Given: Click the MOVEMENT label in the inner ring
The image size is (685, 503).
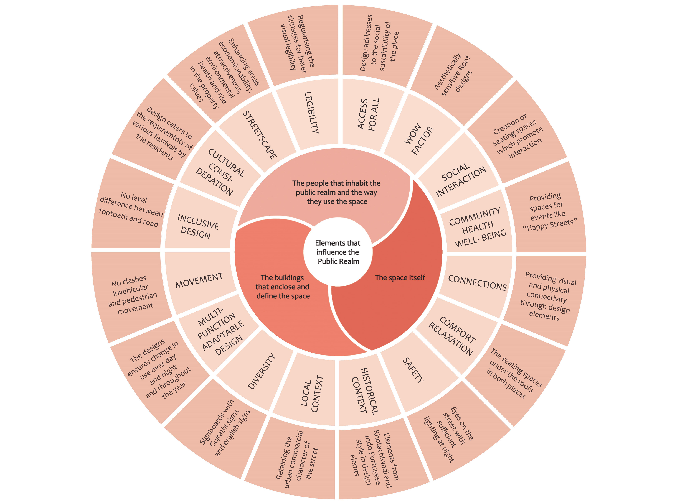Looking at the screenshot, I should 199,280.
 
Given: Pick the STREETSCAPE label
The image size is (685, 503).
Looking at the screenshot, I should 260,135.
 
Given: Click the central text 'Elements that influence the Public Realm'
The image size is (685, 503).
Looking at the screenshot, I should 338,252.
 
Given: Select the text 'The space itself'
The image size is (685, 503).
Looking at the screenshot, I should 400,278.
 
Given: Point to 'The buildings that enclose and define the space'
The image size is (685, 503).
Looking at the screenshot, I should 283,287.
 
